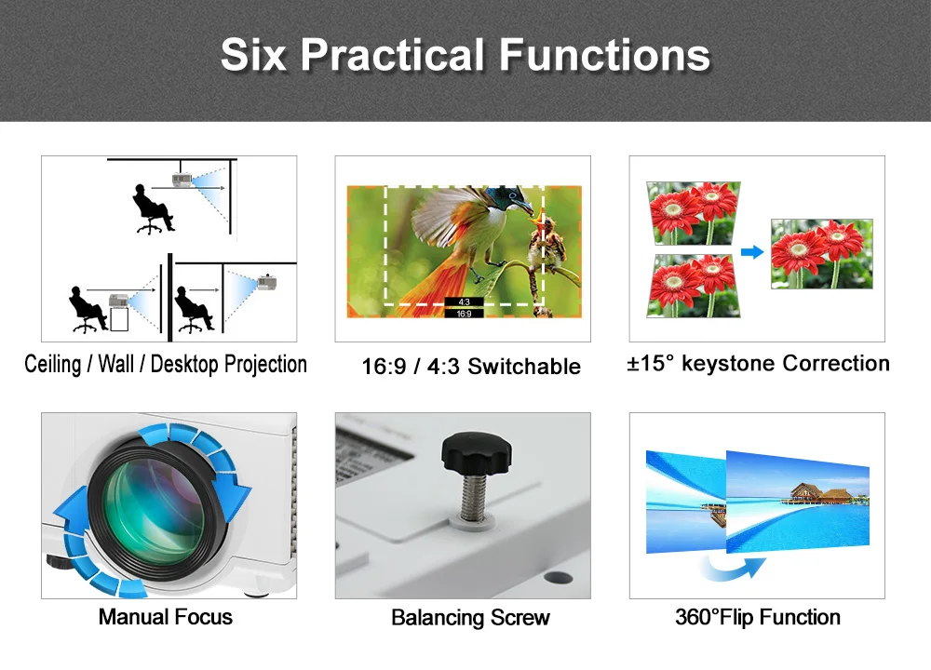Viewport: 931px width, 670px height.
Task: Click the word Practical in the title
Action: coord(394,55)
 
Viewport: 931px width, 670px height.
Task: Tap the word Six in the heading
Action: coord(253,55)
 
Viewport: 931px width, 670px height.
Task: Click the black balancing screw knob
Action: coord(476,453)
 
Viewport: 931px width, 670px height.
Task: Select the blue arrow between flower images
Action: coord(752,252)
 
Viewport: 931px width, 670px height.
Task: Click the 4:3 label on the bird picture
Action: coord(465,302)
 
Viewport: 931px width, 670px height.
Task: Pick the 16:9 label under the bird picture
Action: coord(465,314)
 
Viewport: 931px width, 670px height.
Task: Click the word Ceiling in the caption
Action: coord(52,364)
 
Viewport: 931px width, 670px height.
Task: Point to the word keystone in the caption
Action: coord(729,363)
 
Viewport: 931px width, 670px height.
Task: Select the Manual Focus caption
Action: coord(166,617)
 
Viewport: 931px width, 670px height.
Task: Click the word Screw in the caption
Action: coord(520,618)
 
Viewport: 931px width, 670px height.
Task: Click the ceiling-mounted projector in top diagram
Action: coord(182,180)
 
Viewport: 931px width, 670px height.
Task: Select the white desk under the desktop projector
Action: coord(119,318)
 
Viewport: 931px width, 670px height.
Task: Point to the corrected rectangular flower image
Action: coord(822,254)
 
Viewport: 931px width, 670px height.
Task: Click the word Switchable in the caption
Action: coord(524,366)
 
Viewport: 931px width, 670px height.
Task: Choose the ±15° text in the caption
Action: coord(651,363)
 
